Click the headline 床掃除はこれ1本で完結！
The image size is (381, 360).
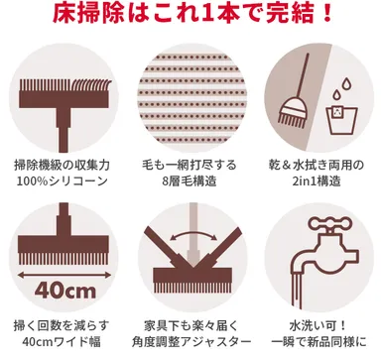[190, 17]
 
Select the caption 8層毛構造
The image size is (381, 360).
[190, 180]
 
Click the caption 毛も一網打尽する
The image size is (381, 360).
[190, 162]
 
